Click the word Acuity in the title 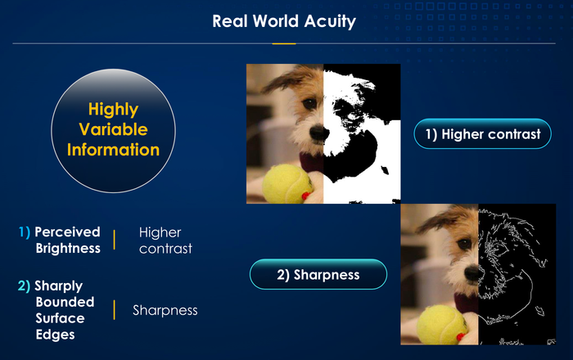330,21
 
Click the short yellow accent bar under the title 284,44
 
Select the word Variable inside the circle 113,129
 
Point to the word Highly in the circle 113,110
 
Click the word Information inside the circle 113,150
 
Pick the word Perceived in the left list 67,232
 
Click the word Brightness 68,248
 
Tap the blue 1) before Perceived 25,232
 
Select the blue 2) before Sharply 24,286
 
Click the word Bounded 65,302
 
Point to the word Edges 55,335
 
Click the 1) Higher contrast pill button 482,134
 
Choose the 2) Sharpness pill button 318,275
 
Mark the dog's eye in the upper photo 310,104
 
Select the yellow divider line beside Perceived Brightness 115,240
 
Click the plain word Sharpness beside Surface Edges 165,310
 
